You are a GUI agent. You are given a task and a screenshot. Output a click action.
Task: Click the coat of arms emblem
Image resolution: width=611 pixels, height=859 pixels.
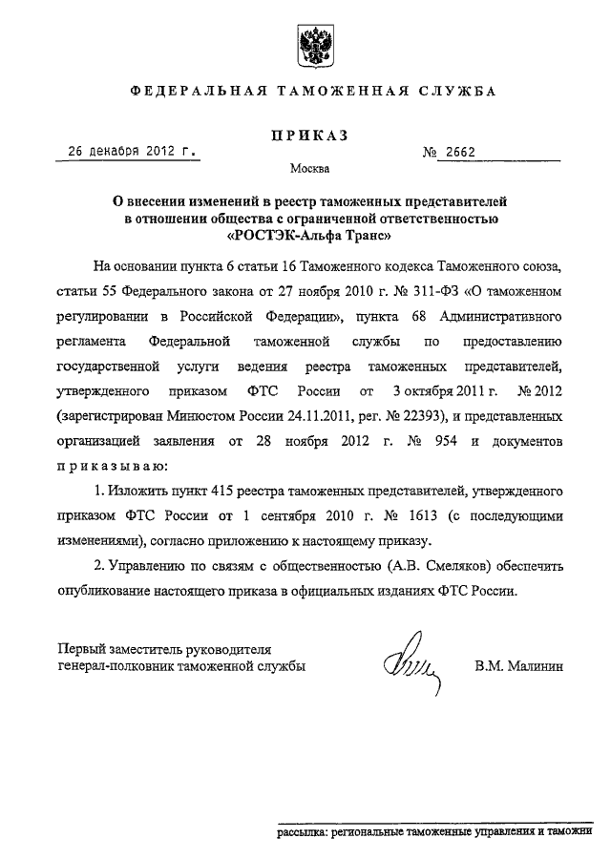coord(312,45)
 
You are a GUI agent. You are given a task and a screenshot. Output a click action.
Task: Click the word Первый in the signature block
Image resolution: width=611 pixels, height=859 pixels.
coord(82,646)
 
